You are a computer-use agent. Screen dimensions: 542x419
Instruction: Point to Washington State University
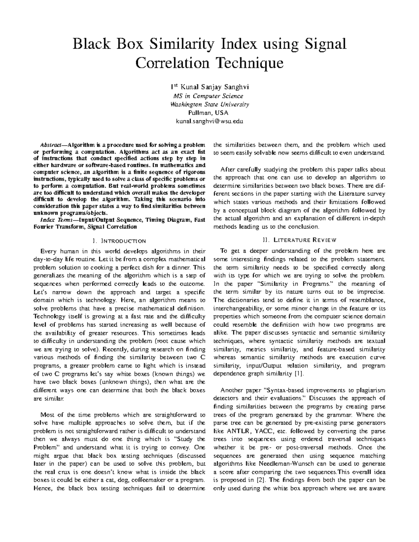(x=209, y=104)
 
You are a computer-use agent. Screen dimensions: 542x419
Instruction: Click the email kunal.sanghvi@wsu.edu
(x=209, y=121)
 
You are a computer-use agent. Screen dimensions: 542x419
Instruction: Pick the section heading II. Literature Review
(x=299, y=240)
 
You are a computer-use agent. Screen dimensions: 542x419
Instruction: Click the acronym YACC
(x=263, y=431)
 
